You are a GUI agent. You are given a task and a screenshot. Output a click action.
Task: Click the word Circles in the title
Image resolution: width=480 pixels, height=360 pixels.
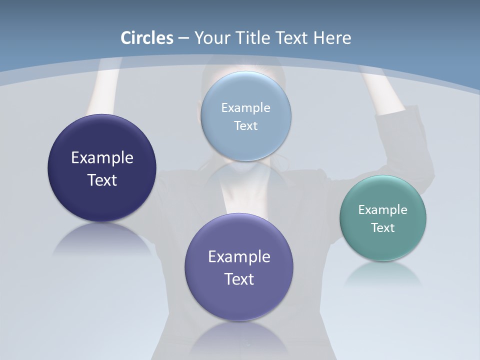(147, 38)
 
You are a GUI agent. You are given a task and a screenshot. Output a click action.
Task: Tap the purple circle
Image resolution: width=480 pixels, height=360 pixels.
(239, 300)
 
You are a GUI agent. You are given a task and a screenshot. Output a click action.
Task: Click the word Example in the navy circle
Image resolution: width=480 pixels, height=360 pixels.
(102, 158)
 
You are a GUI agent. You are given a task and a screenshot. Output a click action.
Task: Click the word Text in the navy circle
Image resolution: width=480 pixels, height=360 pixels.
(102, 180)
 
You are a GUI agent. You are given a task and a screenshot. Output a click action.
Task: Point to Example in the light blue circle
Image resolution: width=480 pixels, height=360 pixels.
(246, 107)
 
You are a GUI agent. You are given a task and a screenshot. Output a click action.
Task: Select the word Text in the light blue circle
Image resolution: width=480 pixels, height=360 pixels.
(246, 125)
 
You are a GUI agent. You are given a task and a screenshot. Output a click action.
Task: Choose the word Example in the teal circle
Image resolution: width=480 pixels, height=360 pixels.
(383, 209)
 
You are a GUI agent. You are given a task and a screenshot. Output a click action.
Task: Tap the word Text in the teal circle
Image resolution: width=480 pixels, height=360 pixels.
(383, 227)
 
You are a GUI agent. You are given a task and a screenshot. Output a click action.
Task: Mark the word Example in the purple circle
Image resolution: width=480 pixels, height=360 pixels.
(239, 257)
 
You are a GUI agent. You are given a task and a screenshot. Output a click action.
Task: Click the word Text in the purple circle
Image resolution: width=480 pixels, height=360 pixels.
(239, 279)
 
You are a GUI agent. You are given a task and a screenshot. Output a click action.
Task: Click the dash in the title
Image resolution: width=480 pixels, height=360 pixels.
(183, 38)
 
